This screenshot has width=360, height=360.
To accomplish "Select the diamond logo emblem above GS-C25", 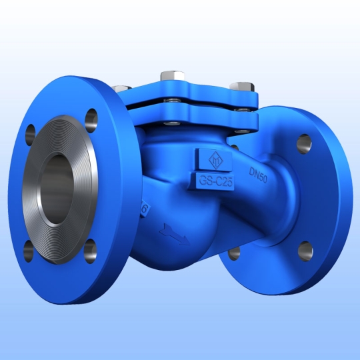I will click(213, 160).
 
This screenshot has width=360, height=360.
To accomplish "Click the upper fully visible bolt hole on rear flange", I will click(304, 142).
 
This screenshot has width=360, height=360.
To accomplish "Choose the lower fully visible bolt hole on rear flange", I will click(304, 250).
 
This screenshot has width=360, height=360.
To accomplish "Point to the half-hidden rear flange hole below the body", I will click(234, 253).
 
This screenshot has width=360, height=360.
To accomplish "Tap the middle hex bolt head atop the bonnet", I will click(167, 77).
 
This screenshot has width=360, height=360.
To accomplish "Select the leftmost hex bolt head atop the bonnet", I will click(121, 88).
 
